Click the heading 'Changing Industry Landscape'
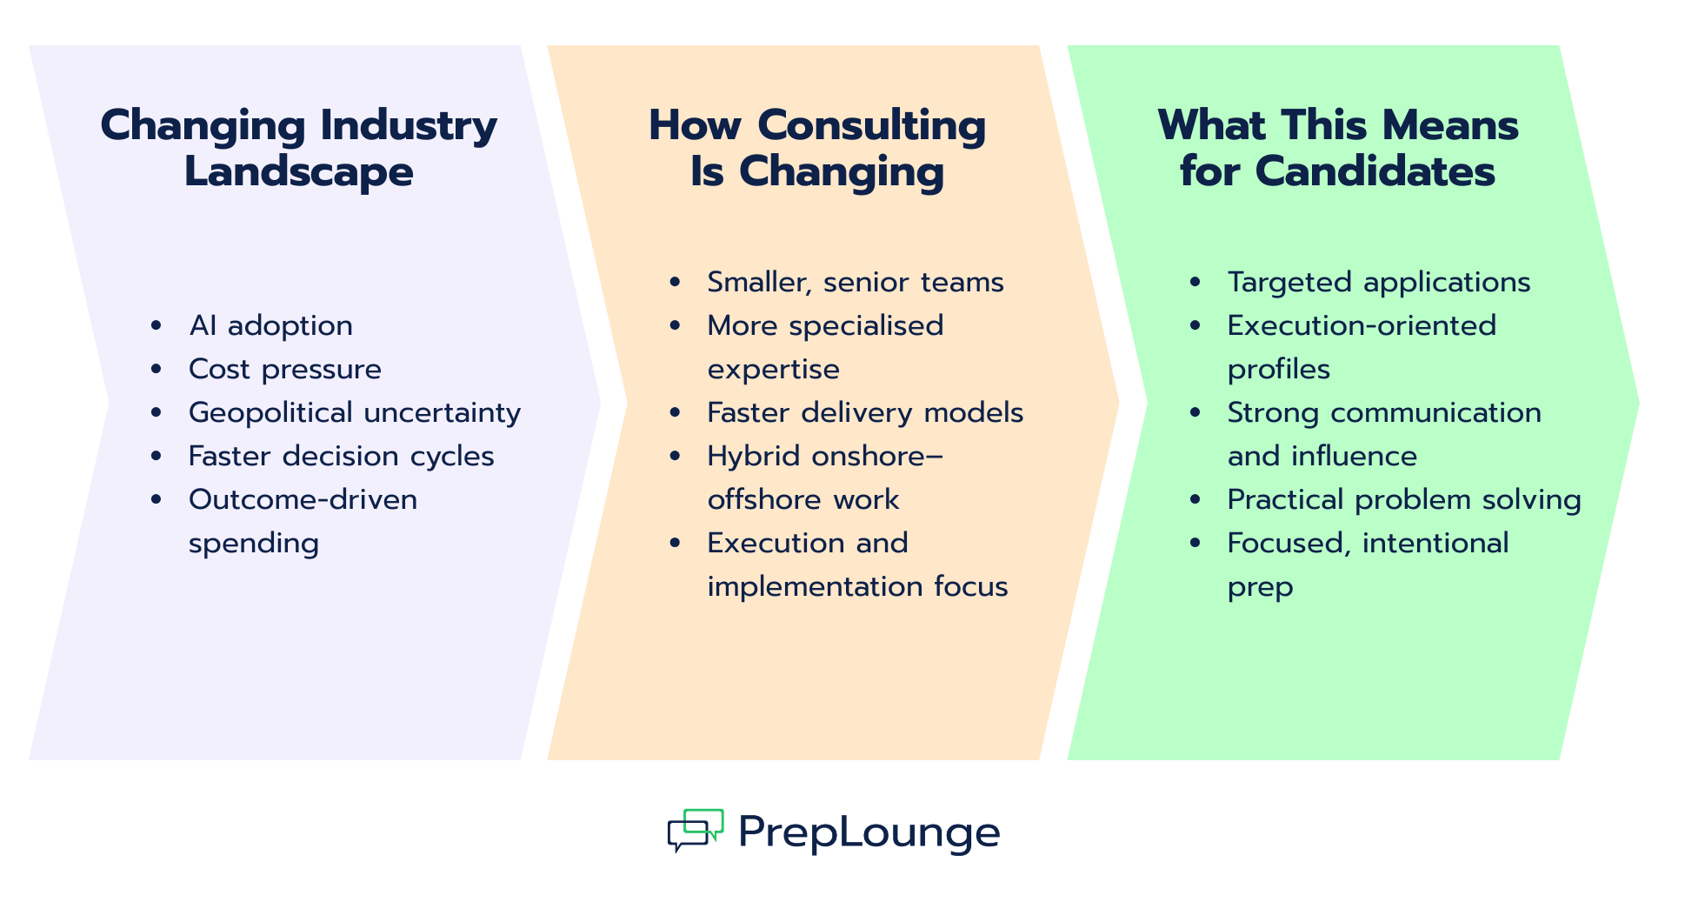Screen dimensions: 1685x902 [298, 148]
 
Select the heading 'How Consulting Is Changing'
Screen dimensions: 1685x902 [817, 148]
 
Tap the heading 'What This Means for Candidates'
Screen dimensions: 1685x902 [1338, 148]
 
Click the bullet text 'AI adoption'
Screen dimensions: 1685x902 [270, 326]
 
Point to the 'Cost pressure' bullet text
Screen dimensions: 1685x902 [285, 370]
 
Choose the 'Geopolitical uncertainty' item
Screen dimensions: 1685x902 [355, 413]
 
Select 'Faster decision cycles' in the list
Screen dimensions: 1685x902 [342, 457]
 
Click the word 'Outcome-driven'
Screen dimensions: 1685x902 [303, 500]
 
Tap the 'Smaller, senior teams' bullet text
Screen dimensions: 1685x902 [856, 283]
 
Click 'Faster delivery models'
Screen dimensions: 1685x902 [865, 413]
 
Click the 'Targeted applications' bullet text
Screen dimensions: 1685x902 [1379, 283]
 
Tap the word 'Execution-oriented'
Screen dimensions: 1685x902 [1362, 326]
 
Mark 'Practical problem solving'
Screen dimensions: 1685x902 [1404, 500]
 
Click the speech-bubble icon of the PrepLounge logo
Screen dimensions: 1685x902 [696, 831]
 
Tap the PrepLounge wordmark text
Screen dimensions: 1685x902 [869, 832]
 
